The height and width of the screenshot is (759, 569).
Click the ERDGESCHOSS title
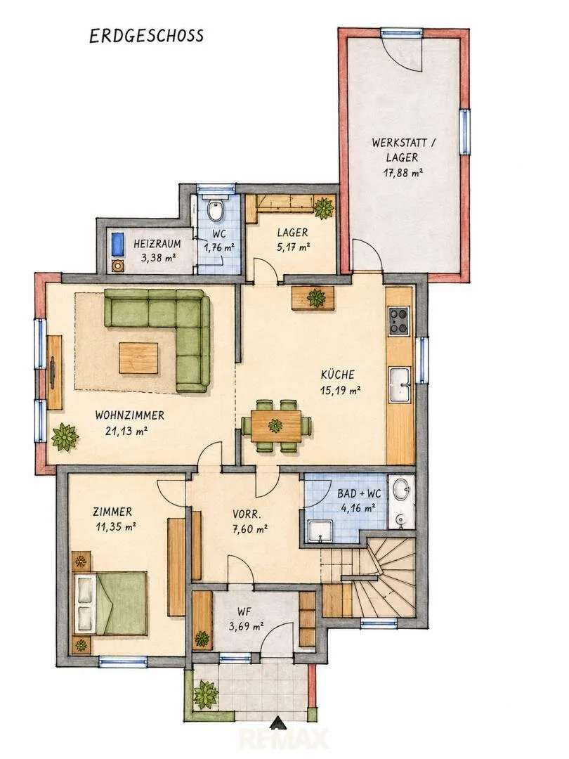coord(147,37)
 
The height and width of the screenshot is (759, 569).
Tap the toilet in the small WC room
coord(215,209)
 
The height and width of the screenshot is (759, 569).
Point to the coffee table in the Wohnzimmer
coord(138,358)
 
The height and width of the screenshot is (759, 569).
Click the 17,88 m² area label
coord(403,173)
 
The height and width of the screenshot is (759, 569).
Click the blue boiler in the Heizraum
coord(117,245)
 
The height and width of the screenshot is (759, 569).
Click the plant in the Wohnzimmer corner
coord(65,437)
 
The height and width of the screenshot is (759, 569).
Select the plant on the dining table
coord(275,426)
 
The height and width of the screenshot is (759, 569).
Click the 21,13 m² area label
coord(126,430)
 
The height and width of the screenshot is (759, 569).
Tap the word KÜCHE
coord(338,374)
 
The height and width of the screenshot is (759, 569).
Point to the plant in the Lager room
coord(323,207)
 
